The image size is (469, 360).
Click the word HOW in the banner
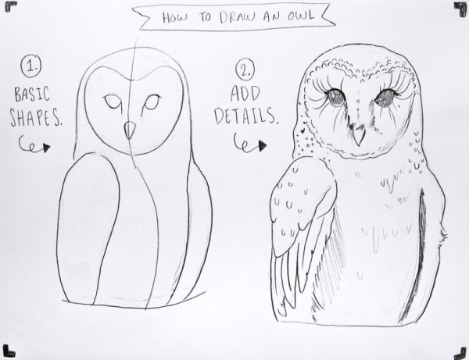point(175,17)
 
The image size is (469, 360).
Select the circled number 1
point(31,67)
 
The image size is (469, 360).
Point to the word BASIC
point(32,94)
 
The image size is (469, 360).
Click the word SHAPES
point(35,117)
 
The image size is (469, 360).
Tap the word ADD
point(245,94)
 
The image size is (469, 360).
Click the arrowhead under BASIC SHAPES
point(46,148)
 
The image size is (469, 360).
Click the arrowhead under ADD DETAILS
point(263,146)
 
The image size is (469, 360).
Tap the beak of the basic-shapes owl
point(130,130)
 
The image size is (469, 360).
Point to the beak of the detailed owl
point(358,136)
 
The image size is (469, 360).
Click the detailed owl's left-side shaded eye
point(335,98)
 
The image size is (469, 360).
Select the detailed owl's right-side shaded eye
point(385,98)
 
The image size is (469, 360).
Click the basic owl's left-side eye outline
point(113,102)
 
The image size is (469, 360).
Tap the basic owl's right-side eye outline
point(151,104)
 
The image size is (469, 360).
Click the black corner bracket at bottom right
point(460,353)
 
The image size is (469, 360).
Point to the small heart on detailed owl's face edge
point(303,130)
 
